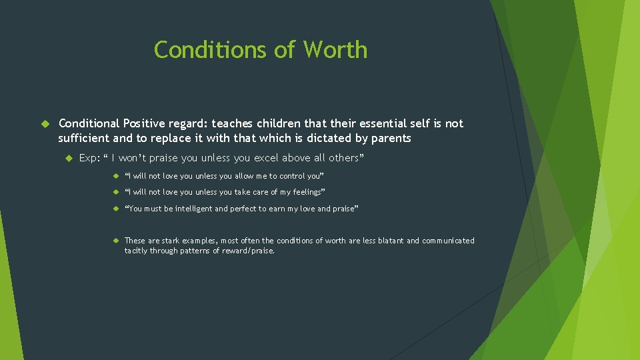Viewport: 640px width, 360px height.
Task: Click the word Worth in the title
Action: coord(335,50)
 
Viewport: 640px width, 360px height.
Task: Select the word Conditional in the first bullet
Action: coord(89,123)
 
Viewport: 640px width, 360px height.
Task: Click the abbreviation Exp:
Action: coord(89,158)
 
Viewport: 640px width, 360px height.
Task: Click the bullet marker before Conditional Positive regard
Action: coord(46,124)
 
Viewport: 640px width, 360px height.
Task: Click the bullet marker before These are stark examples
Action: coord(115,241)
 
